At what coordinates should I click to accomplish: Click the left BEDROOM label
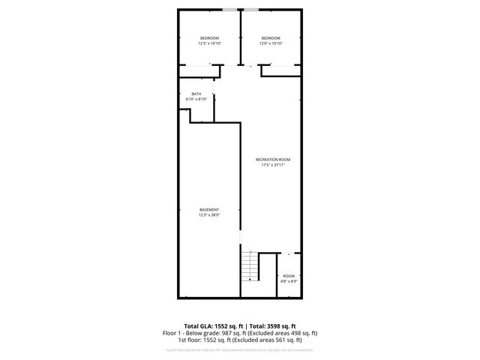pos(209,38)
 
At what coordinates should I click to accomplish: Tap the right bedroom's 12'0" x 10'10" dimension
pos(271,43)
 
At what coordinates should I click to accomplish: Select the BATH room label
pos(196,94)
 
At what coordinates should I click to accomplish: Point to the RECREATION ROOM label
pos(273,160)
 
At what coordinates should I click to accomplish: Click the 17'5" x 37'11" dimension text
pos(273,165)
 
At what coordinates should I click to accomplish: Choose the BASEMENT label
pos(209,209)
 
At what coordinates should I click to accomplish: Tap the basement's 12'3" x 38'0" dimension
pos(209,214)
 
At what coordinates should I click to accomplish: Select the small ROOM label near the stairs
pos(289,276)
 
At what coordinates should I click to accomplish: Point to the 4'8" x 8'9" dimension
pos(289,281)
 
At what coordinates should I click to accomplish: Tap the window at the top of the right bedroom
pos(250,10)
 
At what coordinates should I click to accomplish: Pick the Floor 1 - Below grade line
pos(240,333)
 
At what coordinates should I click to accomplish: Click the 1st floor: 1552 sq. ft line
pos(240,340)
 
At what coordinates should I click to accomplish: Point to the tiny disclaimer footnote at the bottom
pos(240,350)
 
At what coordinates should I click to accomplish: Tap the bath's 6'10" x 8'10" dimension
pos(196,99)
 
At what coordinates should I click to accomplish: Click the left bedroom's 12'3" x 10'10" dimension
pos(209,43)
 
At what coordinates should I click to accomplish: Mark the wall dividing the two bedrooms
pos(240,37)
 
